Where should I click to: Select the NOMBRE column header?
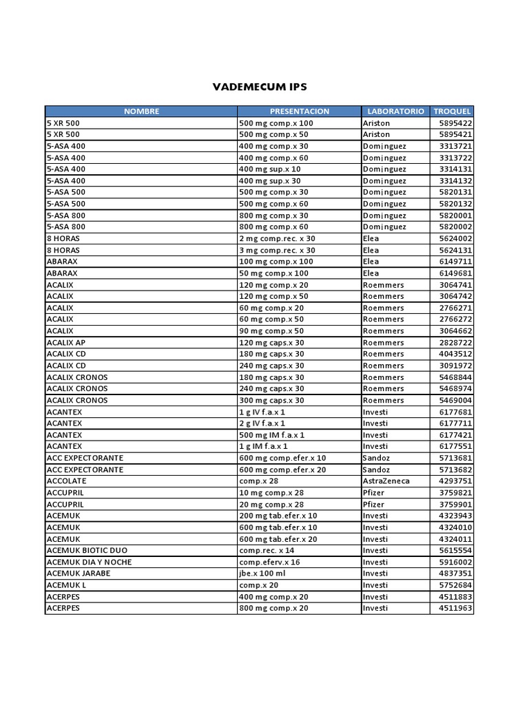click(x=141, y=111)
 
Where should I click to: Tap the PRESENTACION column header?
click(x=299, y=111)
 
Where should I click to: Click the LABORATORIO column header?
click(x=395, y=111)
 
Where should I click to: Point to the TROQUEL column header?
click(x=452, y=111)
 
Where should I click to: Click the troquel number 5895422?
click(x=455, y=123)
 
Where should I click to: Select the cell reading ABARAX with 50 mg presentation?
click(x=62, y=273)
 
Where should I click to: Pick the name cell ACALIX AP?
click(x=66, y=342)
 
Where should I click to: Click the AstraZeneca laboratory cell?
click(x=386, y=481)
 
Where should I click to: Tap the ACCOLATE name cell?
click(x=65, y=481)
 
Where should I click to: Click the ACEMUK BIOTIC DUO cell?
click(x=87, y=550)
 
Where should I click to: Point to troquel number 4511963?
click(x=455, y=608)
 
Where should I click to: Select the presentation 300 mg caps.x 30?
click(x=271, y=400)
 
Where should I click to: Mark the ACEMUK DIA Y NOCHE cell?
click(x=89, y=562)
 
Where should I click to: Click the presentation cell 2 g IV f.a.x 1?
click(x=262, y=423)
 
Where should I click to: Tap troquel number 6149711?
click(x=455, y=262)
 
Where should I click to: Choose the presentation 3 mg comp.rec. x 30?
click(x=277, y=250)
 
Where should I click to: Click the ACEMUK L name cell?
click(x=66, y=585)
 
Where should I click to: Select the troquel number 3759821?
click(x=455, y=492)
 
